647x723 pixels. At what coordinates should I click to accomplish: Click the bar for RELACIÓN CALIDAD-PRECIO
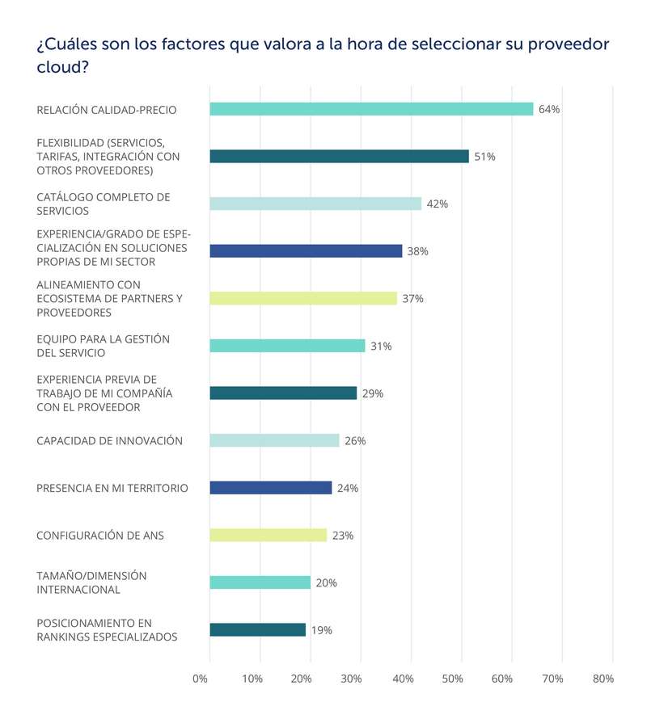coord(371,109)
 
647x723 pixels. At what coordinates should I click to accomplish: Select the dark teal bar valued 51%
coord(339,157)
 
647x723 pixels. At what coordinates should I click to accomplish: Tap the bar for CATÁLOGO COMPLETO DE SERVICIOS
coord(315,204)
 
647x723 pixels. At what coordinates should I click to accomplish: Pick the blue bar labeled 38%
coord(306,251)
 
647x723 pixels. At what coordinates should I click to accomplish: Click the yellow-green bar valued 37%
coord(303,298)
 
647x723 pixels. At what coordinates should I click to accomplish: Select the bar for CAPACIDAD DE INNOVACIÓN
coord(274,440)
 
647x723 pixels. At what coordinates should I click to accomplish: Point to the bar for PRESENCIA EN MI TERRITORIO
coord(270,488)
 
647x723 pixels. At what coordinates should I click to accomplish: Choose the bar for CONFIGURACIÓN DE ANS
coord(268,535)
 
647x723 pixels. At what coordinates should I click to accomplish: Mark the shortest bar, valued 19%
coord(257,630)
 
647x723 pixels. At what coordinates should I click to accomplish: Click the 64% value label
coord(549,109)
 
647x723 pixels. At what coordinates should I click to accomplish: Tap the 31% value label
coord(381,346)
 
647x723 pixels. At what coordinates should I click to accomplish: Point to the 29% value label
coord(373,393)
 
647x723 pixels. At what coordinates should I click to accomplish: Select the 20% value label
coord(327,582)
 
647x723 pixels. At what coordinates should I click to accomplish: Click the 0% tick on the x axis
coord(201,679)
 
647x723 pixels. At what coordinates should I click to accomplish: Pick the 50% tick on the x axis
coord(452,679)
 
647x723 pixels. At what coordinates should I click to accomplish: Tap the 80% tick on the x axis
coord(603,679)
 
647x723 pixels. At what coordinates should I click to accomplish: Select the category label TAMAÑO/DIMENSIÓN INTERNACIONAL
coord(92,582)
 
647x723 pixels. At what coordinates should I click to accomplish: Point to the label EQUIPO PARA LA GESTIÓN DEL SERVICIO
coord(104,346)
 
